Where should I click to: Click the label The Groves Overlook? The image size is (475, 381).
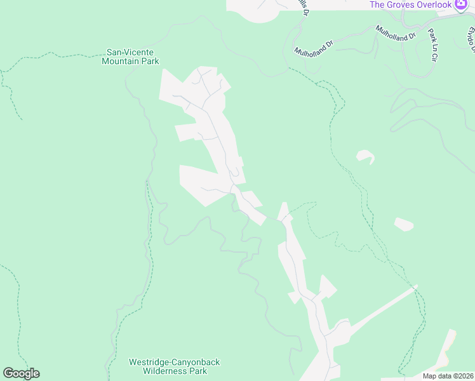point(411,4)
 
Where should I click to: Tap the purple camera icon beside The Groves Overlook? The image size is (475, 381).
point(461,4)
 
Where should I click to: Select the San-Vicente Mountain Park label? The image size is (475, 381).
point(130,57)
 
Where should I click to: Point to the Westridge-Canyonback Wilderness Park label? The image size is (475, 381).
point(174,366)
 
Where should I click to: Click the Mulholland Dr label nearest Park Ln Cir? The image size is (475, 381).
point(395,32)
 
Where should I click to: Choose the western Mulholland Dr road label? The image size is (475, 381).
point(314,47)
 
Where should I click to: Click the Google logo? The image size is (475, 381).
point(21,373)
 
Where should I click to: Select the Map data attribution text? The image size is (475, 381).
point(448,376)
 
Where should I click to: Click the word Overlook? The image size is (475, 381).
point(434,4)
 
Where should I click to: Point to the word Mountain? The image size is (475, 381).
point(121,61)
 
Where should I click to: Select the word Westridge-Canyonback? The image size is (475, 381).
point(174,362)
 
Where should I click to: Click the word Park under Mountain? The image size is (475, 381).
point(150,61)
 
